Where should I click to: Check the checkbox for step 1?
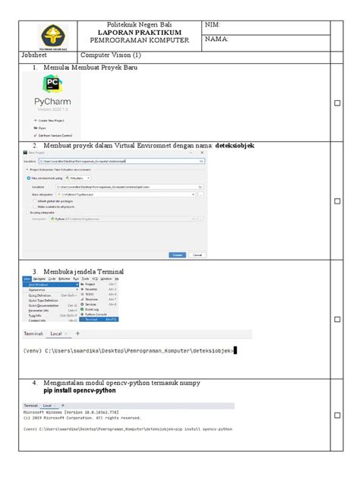click(x=338, y=103)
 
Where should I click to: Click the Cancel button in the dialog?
click(x=197, y=255)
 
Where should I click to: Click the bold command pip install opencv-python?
click(x=82, y=392)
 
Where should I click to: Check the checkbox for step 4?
click(x=338, y=415)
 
